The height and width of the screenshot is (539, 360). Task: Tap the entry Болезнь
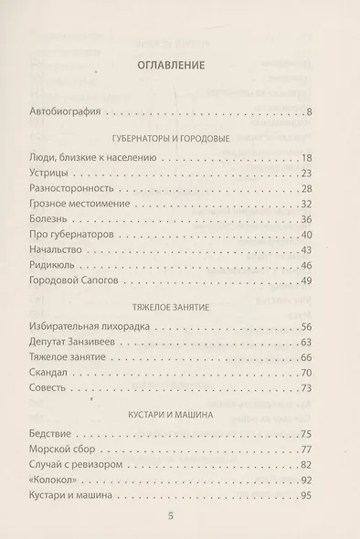[75, 219]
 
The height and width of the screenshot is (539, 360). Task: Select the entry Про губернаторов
[96, 235]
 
